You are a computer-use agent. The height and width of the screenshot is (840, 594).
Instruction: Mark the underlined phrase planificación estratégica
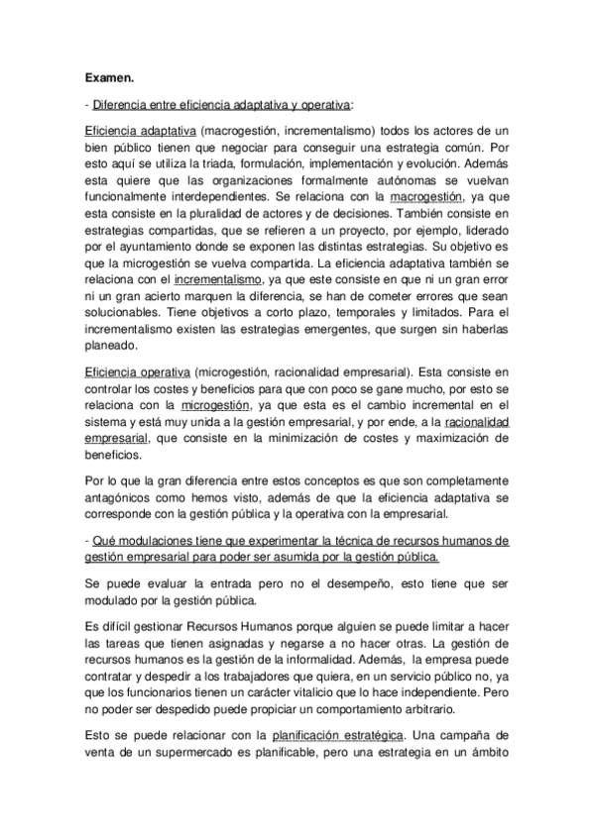[337, 736]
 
